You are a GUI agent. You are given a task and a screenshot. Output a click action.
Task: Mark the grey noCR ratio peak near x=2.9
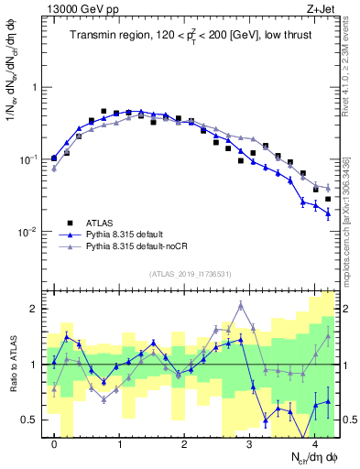tap(240, 304)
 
